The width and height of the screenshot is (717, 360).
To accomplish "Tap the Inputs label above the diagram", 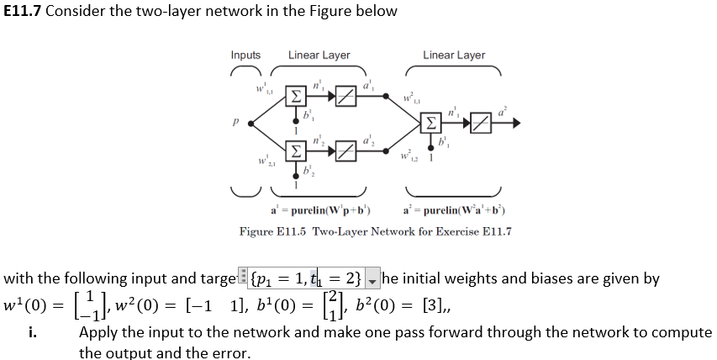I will pyautogui.click(x=245, y=56).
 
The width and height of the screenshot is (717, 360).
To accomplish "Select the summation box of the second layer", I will pyautogui.click(x=431, y=124).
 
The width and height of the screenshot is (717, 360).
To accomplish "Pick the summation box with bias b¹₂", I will pyautogui.click(x=296, y=152).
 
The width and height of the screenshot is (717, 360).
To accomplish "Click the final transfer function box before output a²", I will pyautogui.click(x=481, y=124).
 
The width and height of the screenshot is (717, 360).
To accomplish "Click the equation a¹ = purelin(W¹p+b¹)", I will pyautogui.click(x=322, y=210).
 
